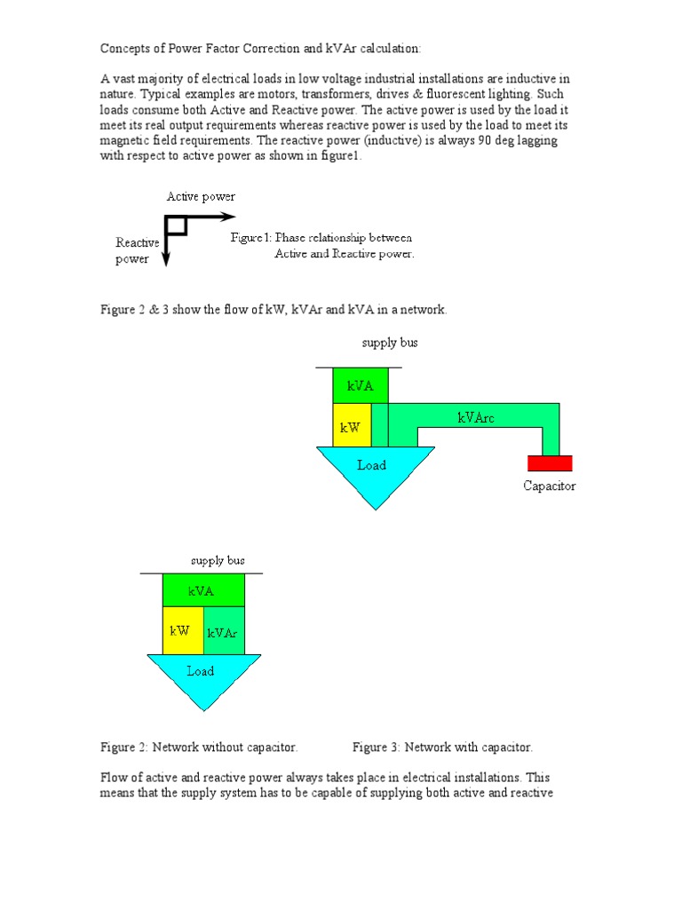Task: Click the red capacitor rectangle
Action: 550,462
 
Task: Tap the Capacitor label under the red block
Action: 549,486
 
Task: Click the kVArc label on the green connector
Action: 476,417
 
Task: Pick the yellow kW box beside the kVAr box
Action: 181,630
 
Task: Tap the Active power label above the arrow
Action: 201,196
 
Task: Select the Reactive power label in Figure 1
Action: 137,251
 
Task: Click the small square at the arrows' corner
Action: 177,225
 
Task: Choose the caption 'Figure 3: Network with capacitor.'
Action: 442,747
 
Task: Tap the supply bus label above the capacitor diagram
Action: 389,343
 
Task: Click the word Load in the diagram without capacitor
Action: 201,671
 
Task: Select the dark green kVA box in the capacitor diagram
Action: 360,385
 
